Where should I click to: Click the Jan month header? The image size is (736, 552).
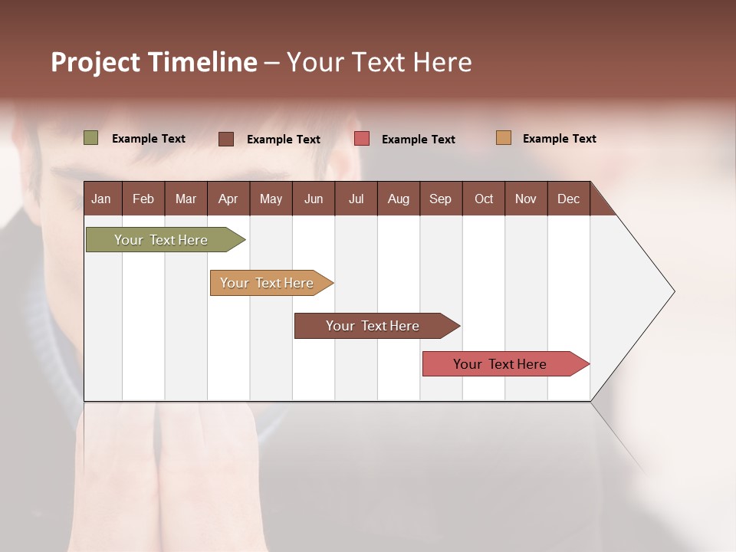[101, 199]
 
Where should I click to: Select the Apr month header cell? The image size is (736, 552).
[228, 199]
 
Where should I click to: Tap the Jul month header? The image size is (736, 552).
[356, 199]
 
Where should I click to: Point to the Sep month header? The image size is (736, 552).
[440, 199]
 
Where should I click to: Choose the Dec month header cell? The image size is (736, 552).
[568, 199]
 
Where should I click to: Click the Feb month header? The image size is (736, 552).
[143, 199]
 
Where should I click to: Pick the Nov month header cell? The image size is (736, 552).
[525, 199]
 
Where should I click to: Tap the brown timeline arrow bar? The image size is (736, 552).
[373, 326]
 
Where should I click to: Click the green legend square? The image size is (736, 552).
[91, 138]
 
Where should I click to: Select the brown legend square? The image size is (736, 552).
[226, 139]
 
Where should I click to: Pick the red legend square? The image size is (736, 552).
[362, 139]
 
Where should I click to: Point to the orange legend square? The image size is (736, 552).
[504, 138]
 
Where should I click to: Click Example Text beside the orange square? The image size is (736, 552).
[559, 139]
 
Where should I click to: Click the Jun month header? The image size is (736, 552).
[313, 199]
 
